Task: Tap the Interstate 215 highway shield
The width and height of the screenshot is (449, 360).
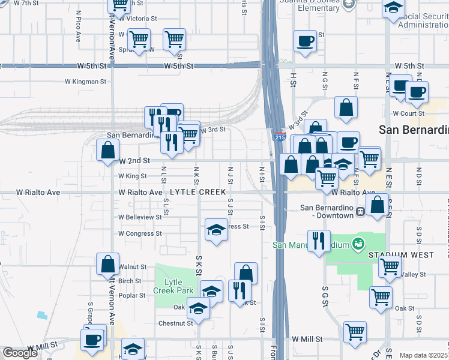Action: pos(279,137)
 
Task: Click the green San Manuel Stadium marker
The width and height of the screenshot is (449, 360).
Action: pos(359,244)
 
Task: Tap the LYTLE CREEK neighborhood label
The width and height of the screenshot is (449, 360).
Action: pos(198,192)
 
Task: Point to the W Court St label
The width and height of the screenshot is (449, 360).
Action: pos(408,113)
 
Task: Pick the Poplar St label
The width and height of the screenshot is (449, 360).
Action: pos(131,295)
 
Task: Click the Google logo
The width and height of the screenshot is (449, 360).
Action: pos(20,353)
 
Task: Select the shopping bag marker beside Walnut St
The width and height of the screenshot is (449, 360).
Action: pos(107,263)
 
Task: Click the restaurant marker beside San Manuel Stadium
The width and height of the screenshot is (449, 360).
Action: pos(318,241)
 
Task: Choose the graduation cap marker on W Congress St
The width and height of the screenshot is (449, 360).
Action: pos(216,229)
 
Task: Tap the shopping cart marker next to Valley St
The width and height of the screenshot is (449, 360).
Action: pos(390,266)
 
